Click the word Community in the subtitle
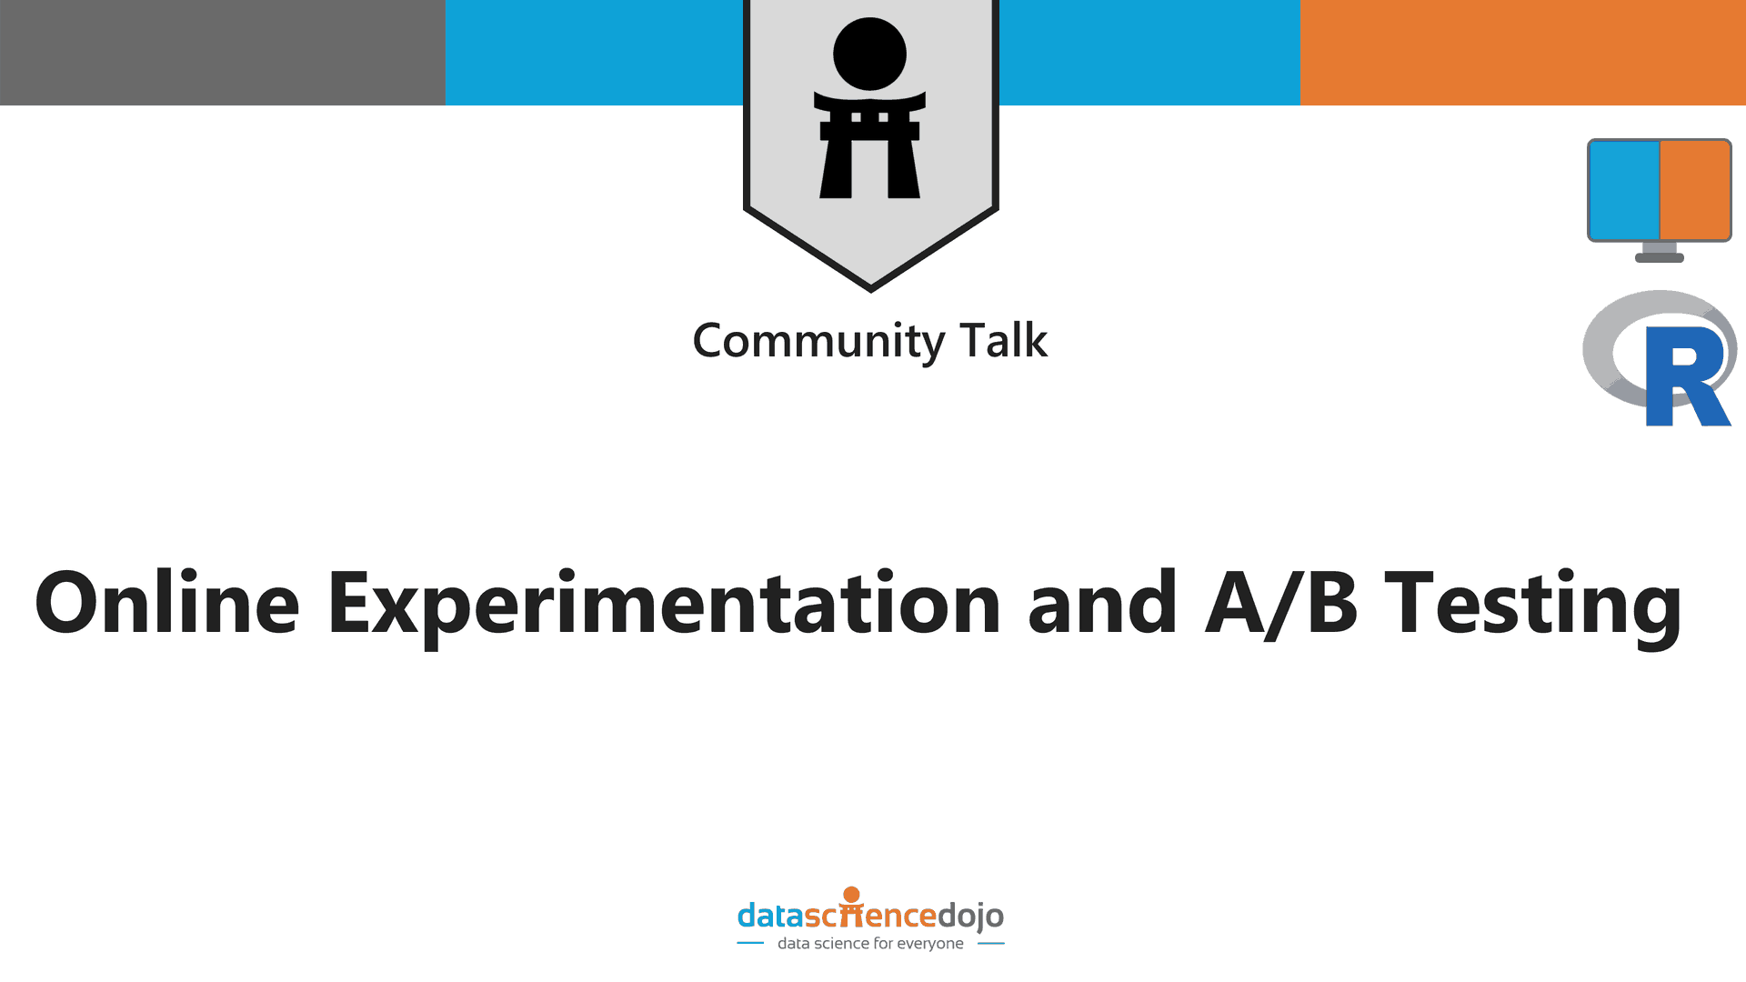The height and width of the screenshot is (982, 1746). (x=819, y=342)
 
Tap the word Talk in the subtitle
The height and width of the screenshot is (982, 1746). (x=1004, y=340)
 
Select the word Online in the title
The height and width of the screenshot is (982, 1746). (x=167, y=602)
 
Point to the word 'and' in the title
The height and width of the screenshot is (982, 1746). (x=1102, y=602)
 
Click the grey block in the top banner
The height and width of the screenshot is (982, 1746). (x=223, y=53)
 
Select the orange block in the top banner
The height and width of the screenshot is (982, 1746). (x=1523, y=53)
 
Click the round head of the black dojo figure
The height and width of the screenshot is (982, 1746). (x=870, y=54)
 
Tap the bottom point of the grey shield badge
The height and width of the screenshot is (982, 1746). (x=871, y=291)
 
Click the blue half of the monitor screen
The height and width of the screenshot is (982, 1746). (x=1624, y=190)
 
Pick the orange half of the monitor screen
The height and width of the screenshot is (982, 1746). (x=1695, y=190)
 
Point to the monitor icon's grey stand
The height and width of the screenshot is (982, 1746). (x=1660, y=253)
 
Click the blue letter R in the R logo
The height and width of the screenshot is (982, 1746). (x=1687, y=376)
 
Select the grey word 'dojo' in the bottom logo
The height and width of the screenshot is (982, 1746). (x=970, y=917)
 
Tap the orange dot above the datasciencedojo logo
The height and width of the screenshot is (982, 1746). (x=852, y=895)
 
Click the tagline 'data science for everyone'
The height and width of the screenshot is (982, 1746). (x=870, y=944)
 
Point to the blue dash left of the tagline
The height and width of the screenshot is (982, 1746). (x=750, y=944)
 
